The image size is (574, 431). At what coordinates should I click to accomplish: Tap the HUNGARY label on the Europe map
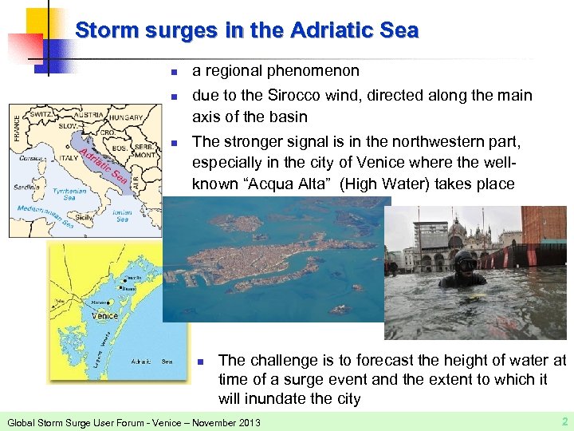coord(125,118)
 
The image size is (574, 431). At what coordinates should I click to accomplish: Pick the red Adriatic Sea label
coord(102,164)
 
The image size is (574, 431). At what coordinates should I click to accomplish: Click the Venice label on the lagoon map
coord(104,315)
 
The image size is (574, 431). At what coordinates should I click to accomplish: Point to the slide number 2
coord(563,420)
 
